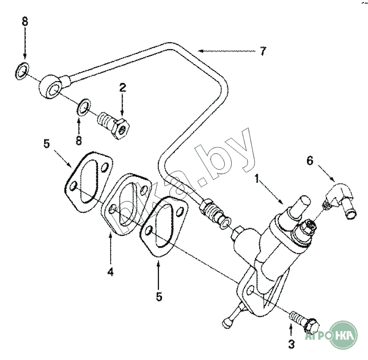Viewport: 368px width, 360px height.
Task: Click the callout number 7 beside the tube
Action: point(263,51)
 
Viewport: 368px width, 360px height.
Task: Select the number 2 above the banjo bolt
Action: point(122,87)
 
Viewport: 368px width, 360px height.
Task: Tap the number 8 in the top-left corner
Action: point(24,22)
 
